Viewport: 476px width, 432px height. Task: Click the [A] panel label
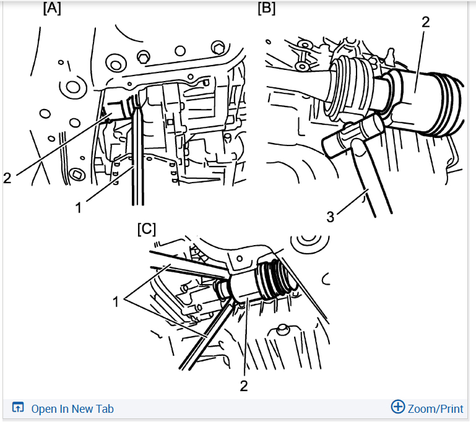pyautogui.click(x=52, y=8)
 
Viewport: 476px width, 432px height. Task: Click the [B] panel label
pyautogui.click(x=267, y=8)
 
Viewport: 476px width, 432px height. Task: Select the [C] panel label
pyautogui.click(x=146, y=229)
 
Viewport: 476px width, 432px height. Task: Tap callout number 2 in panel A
pyautogui.click(x=7, y=178)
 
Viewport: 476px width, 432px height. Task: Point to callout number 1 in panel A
pyautogui.click(x=79, y=208)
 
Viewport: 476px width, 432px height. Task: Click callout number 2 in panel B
pyautogui.click(x=426, y=22)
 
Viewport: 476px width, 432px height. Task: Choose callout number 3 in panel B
pyautogui.click(x=331, y=217)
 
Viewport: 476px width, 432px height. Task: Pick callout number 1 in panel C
pyautogui.click(x=116, y=302)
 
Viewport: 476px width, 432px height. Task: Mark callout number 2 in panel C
pyautogui.click(x=244, y=386)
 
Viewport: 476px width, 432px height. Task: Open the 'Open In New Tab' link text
pyautogui.click(x=72, y=409)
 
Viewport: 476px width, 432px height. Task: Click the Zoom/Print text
pyautogui.click(x=435, y=409)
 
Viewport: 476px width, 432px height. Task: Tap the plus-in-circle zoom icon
pyautogui.click(x=397, y=407)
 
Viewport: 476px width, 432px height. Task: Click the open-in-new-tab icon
pyautogui.click(x=17, y=407)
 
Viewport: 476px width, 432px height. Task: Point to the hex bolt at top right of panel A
pyautogui.click(x=218, y=48)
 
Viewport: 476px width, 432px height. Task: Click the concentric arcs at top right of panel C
pyautogui.click(x=309, y=243)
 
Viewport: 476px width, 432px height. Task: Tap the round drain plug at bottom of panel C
pyautogui.click(x=282, y=329)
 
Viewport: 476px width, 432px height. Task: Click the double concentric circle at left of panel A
pyautogui.click(x=73, y=87)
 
